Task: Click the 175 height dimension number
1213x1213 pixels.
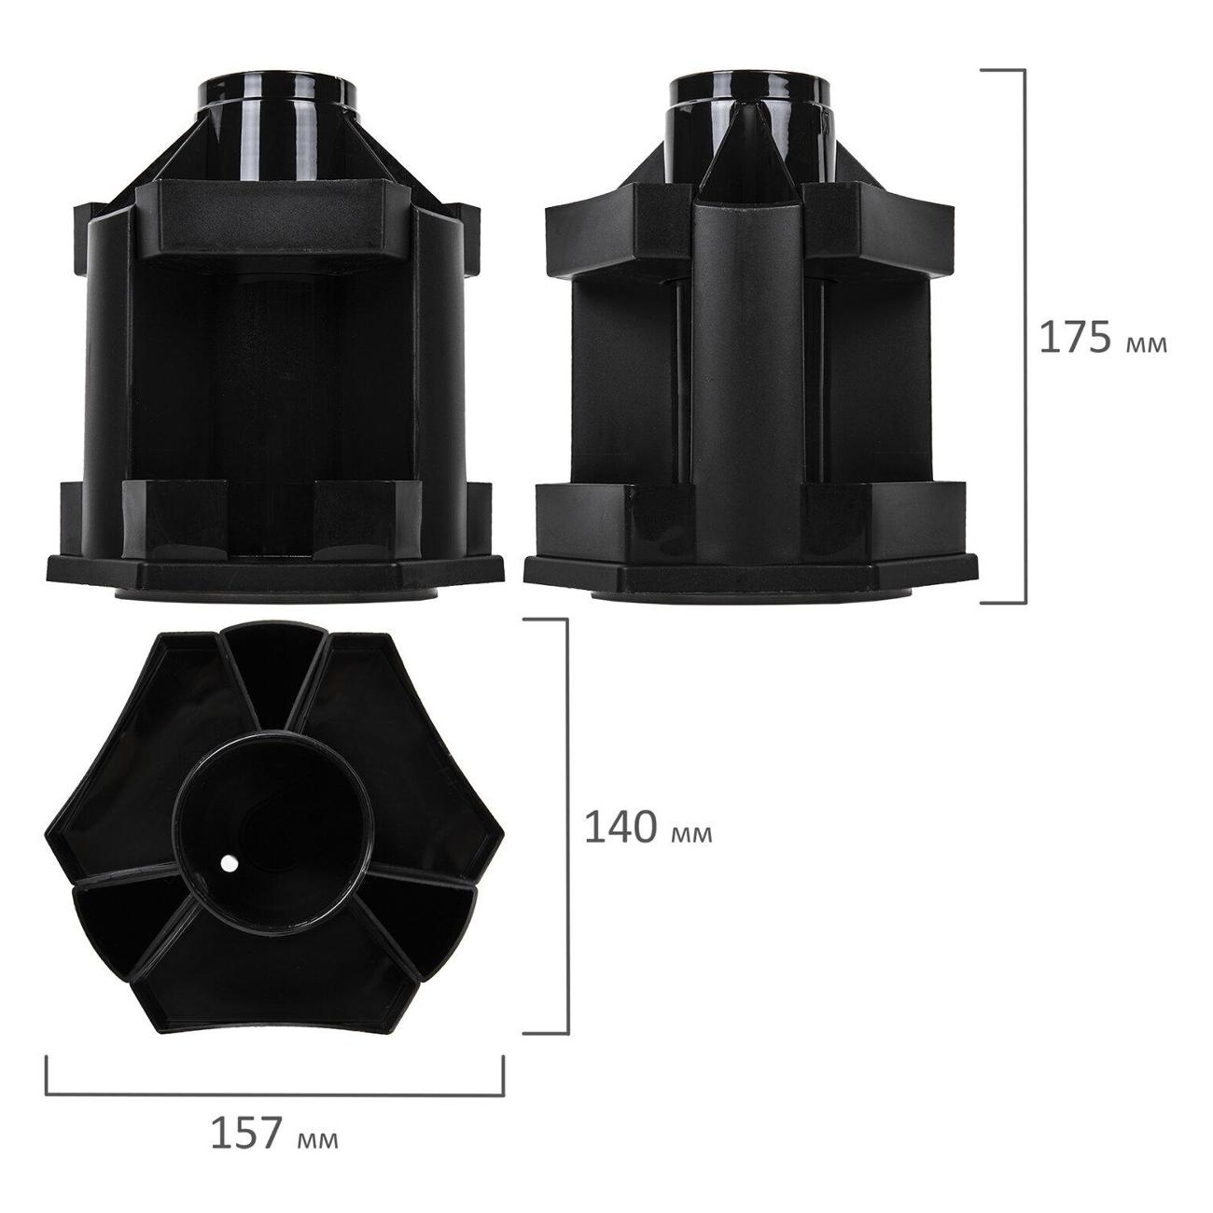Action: pos(1075,338)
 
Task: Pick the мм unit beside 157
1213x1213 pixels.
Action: pos(317,1139)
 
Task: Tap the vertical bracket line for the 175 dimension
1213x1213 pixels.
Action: pos(1025,336)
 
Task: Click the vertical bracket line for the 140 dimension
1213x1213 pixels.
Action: pos(567,826)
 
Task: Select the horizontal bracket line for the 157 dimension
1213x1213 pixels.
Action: pos(275,1093)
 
